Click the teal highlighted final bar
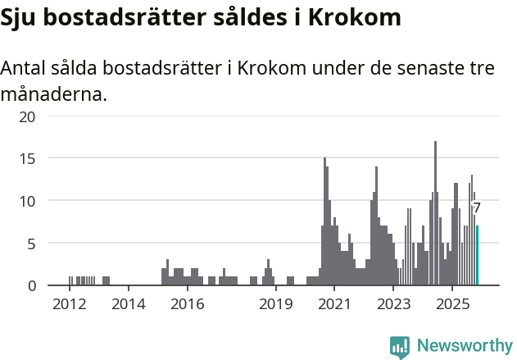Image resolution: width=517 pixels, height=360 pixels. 478,256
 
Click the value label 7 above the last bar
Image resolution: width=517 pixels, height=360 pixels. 477,208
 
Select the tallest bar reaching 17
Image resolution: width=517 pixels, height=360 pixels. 435,213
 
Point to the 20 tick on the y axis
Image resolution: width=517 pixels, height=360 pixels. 28,116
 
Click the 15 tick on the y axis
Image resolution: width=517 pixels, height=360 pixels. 28,158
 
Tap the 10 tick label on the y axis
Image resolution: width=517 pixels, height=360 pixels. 28,201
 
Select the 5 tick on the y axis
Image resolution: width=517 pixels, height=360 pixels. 31,244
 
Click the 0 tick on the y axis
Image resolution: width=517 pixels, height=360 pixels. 31,285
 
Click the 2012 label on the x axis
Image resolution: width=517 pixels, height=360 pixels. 70,305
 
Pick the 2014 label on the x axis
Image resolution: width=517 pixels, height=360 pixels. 129,305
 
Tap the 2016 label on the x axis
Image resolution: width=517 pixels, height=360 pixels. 188,305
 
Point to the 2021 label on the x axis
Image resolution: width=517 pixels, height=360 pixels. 334,305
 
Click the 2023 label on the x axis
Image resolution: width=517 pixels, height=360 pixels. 393,305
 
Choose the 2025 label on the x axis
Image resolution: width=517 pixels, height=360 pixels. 452,305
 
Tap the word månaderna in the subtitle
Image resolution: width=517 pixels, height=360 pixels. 53,94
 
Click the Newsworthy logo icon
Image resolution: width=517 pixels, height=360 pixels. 400,347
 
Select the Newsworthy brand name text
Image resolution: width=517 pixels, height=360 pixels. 464,346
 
